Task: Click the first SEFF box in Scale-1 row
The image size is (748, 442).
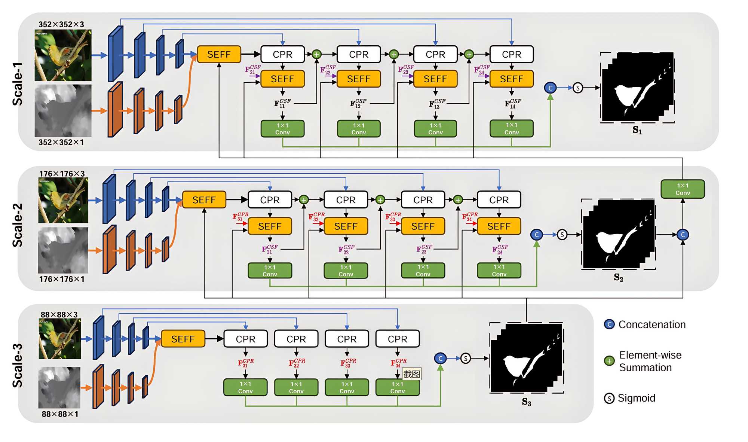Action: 219,54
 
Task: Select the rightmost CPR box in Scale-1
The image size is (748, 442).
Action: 511,54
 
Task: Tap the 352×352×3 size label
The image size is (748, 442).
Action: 61,24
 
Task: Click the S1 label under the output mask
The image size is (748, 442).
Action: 637,130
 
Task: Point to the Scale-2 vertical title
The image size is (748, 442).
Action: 18,225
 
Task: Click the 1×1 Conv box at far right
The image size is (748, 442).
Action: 683,189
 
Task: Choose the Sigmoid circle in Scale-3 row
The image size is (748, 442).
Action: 465,358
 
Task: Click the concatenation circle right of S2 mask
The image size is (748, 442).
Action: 683,235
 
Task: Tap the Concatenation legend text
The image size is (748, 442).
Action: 652,324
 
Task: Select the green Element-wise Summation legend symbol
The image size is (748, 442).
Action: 609,361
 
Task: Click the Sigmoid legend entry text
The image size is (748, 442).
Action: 636,398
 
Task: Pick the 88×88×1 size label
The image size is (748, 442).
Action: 60,414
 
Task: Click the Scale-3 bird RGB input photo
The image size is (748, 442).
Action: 60,339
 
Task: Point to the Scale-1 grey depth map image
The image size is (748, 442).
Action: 63,110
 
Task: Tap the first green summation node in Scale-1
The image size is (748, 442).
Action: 316,54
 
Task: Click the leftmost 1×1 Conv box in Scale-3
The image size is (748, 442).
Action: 245,387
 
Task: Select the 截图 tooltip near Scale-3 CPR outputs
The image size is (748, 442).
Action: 411,374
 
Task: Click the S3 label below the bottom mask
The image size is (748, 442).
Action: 526,402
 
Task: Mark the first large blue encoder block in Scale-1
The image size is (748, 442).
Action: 115,54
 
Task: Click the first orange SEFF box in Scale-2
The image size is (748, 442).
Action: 204,200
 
